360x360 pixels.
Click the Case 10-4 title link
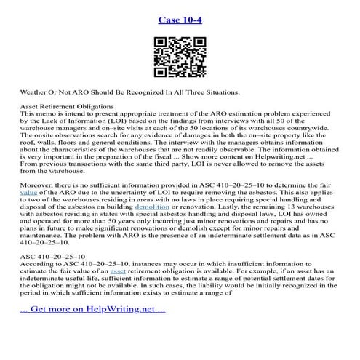179,19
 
